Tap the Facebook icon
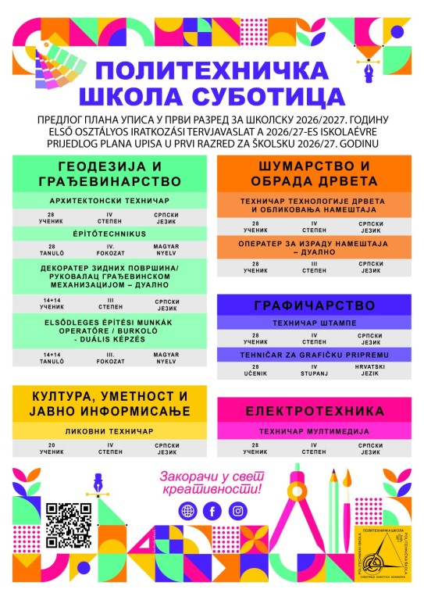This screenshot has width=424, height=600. [x=211, y=511]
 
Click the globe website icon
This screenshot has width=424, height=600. [x=187, y=511]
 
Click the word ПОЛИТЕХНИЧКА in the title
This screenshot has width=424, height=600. [x=212, y=71]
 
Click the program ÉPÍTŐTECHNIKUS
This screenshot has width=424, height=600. [x=109, y=232]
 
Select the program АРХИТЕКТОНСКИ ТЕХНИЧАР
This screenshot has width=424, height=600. [x=109, y=201]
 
